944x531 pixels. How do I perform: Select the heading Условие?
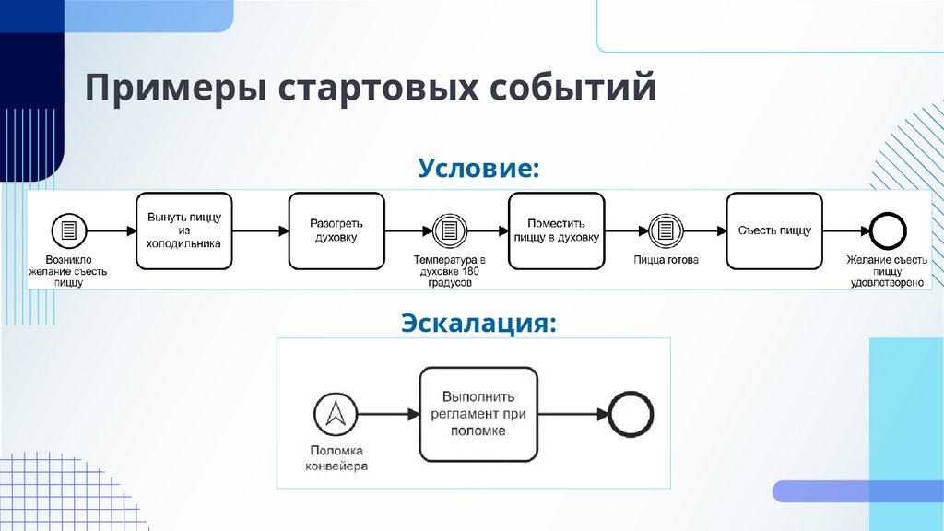pos(478,168)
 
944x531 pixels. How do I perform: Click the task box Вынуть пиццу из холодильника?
pos(183,230)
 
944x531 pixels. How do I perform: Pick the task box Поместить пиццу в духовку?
pos(556,230)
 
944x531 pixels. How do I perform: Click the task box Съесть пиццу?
pos(774,230)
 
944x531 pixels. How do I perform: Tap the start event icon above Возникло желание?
pos(68,230)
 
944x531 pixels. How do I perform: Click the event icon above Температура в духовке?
pos(448,230)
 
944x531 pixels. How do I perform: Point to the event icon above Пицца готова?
pos(665,230)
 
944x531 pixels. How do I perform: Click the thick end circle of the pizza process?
pos(888,230)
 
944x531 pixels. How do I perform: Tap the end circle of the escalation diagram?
pos(629,414)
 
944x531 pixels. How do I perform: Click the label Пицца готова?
pos(665,261)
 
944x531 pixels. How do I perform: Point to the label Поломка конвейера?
pos(334,458)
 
